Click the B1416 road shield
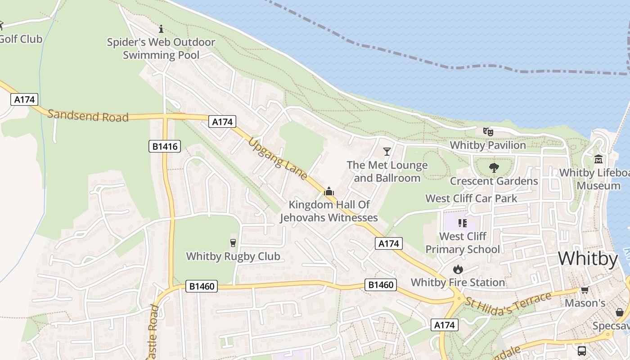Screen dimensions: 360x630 pyautogui.click(x=165, y=146)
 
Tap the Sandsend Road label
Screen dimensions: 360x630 pyautogui.click(x=88, y=116)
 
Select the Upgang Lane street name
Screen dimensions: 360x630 pyautogui.click(x=277, y=159)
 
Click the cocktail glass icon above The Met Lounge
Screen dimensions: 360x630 pyautogui.click(x=387, y=151)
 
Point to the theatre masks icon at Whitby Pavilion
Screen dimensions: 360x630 pyautogui.click(x=488, y=132)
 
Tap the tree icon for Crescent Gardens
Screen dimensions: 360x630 pyautogui.click(x=494, y=168)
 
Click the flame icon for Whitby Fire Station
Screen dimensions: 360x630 pyautogui.click(x=458, y=269)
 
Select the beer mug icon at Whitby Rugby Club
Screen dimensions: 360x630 pyautogui.click(x=233, y=243)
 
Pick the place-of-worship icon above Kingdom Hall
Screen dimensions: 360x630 pyautogui.click(x=329, y=192)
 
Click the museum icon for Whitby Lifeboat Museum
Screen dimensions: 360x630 pyautogui.click(x=598, y=159)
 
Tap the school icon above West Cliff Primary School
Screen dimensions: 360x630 pyautogui.click(x=462, y=223)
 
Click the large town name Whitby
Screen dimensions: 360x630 pyautogui.click(x=588, y=259)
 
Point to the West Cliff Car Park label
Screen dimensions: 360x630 pyautogui.click(x=471, y=198)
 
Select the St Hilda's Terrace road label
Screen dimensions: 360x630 pyautogui.click(x=508, y=303)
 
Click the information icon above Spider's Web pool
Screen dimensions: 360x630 pyautogui.click(x=161, y=29)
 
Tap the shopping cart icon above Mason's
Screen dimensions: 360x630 pyautogui.click(x=585, y=290)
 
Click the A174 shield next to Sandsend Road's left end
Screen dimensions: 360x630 pyautogui.click(x=24, y=99)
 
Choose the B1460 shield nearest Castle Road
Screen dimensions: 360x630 pyautogui.click(x=201, y=286)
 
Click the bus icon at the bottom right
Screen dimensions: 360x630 pyautogui.click(x=581, y=351)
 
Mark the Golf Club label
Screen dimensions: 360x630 pyautogui.click(x=21, y=39)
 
